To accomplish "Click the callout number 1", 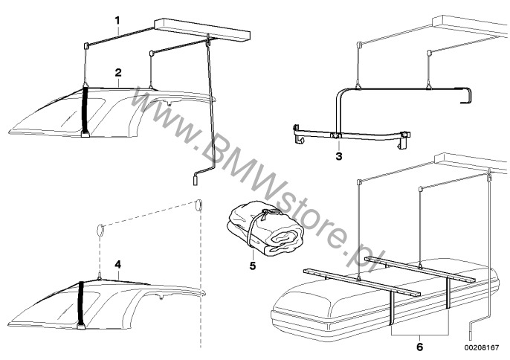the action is pos(117,21).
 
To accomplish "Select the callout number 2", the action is pos(118,73).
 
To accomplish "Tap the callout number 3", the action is pos(339,156).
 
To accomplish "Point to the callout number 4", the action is pos(117,265).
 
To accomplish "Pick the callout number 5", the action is pos(253,266).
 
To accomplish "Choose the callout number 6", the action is pos(420,347).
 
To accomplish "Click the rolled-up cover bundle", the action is pos(266,228).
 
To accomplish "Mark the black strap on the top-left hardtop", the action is pos(85,112).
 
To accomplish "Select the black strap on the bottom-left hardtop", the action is pos(80,305).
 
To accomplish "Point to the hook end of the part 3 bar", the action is pos(467,95).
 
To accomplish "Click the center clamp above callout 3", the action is pos(335,135).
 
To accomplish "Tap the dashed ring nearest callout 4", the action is pos(100,231).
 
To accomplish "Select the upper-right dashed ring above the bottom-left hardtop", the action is pos(198,206).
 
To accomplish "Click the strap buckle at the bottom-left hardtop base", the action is pos(80,326).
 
